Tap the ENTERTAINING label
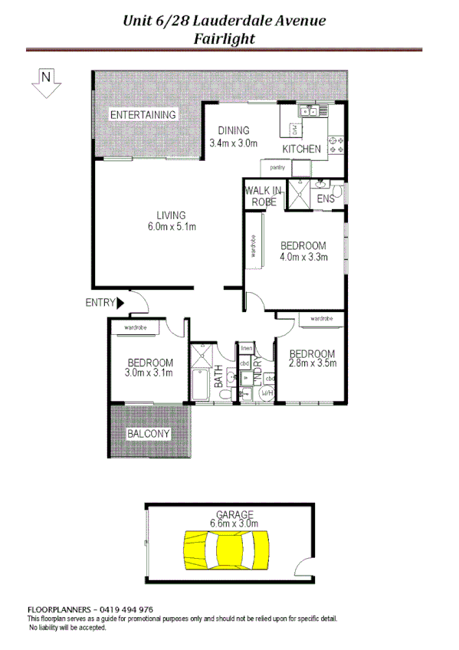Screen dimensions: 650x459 point(143,115)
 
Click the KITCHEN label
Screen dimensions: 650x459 point(301,148)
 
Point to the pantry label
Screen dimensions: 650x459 point(277,166)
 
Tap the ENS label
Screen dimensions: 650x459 point(325,199)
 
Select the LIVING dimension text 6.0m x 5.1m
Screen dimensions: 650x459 point(172,227)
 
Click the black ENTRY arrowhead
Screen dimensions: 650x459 point(120,303)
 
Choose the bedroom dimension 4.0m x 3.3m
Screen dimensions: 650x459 point(303,257)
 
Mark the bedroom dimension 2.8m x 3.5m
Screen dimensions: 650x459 point(312,364)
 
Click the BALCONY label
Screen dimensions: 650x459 point(149,434)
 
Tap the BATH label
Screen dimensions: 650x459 point(218,376)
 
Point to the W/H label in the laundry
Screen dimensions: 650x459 point(268,393)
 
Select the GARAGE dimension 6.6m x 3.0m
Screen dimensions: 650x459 point(234,524)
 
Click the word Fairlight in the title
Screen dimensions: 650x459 point(225,37)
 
